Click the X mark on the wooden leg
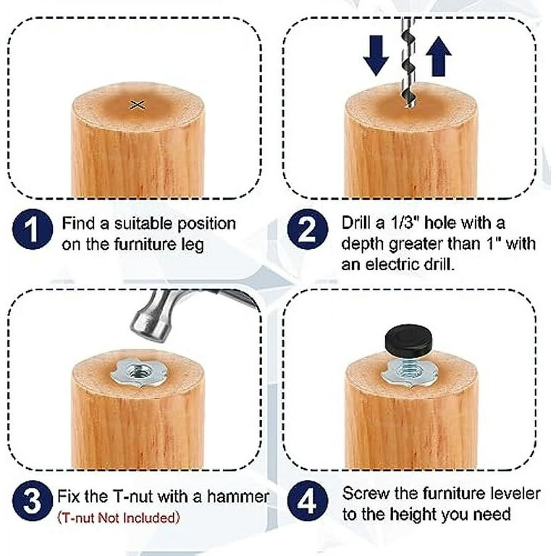coord(138,104)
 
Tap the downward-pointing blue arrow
coord(376,55)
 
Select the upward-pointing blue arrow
coord(439,56)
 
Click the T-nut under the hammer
coord(139,373)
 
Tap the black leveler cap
coord(408,337)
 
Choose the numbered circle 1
coord(33,229)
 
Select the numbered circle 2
coord(308,229)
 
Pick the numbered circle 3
coord(33,501)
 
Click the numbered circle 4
coord(308,501)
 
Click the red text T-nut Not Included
coord(119,518)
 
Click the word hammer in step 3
coord(238,496)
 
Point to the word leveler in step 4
coord(515,493)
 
